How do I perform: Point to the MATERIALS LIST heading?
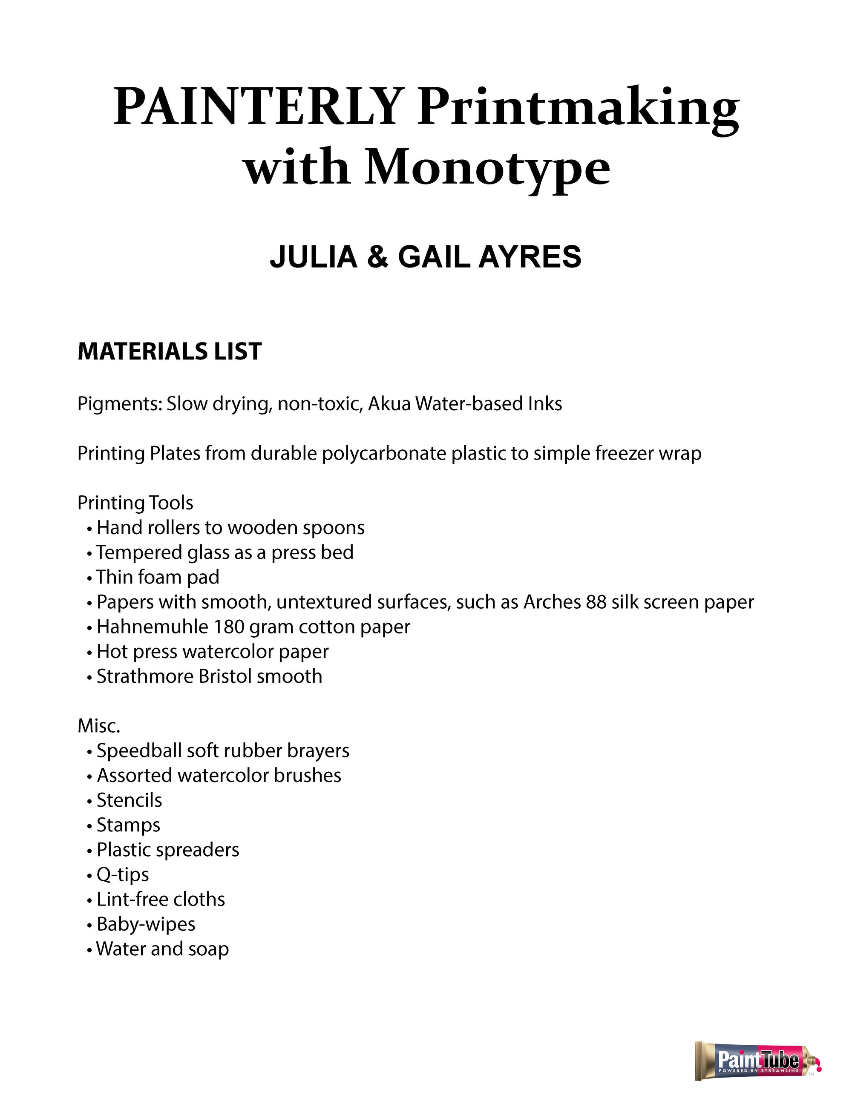click(170, 351)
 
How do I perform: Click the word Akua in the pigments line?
click(389, 404)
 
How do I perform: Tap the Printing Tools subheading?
click(135, 503)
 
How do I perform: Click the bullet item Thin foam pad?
click(157, 577)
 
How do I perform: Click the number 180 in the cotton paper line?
click(229, 627)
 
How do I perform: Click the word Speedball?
click(139, 751)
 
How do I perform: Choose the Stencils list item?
click(130, 800)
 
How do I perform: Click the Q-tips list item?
click(123, 875)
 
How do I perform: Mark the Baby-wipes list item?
click(146, 924)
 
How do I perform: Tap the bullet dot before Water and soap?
click(89, 950)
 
